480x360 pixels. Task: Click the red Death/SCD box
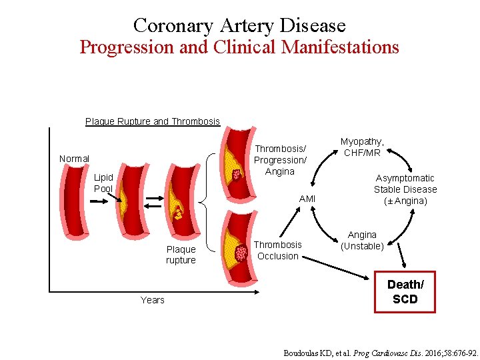point(405,292)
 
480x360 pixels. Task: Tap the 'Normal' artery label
point(74,159)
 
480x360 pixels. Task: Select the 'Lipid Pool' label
point(103,183)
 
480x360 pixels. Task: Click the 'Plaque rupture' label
point(181,255)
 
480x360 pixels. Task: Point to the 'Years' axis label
point(152,300)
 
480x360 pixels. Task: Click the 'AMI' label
point(307,199)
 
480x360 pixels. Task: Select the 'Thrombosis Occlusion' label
point(279,250)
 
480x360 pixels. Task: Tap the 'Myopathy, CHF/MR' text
point(362,147)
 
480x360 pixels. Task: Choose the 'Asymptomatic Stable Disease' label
point(405,189)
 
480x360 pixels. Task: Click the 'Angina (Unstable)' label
point(362,240)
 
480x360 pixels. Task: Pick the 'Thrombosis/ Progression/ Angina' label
point(280,160)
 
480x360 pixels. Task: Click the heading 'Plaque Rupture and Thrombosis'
point(152,121)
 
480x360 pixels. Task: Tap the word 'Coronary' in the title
point(164,25)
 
